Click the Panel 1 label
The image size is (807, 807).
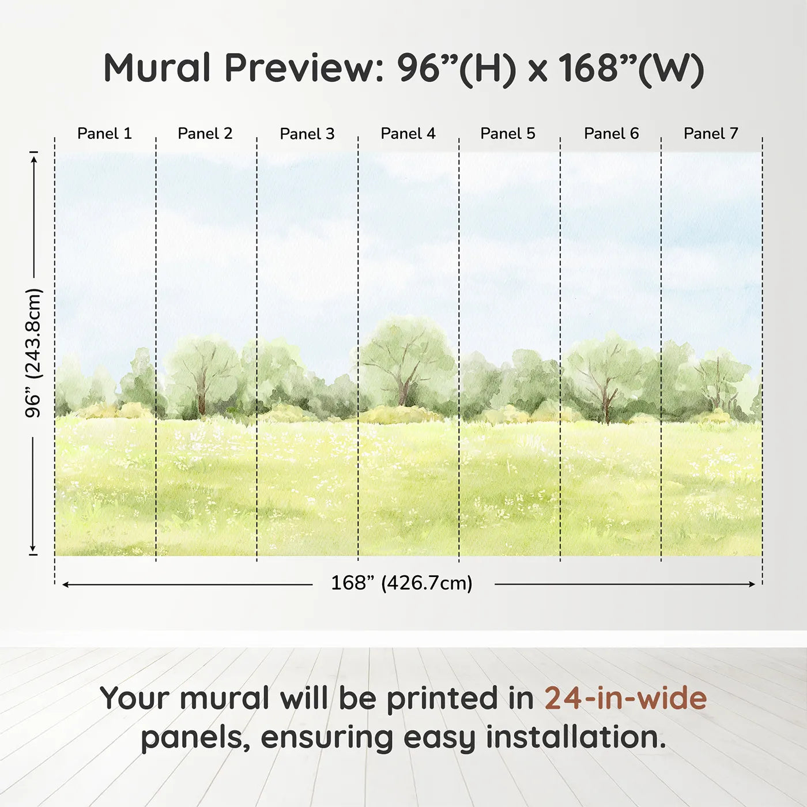[104, 134]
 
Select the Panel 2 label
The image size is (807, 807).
[205, 134]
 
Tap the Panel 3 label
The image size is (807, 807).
[307, 134]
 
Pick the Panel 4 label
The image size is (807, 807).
[408, 134]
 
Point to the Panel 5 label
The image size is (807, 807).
[508, 134]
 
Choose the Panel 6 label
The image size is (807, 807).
[611, 134]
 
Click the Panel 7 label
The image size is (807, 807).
[711, 134]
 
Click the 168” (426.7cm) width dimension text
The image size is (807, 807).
[402, 583]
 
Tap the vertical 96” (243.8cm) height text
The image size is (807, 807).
[34, 353]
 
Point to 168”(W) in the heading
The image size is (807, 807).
[631, 68]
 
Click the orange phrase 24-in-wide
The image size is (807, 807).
[625, 698]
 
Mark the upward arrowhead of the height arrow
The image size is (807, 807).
[34, 157]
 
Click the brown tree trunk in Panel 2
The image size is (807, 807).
[202, 398]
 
